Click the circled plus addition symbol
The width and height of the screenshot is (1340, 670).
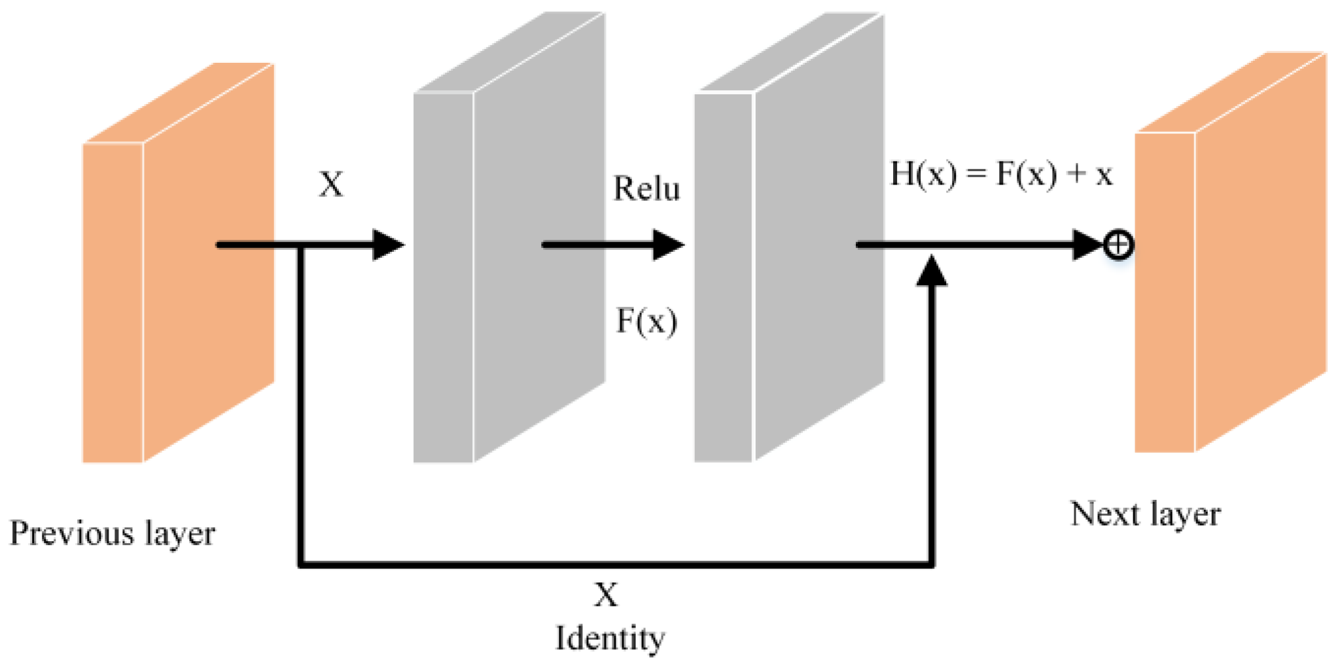click(1118, 245)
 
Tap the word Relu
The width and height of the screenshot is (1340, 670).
click(646, 189)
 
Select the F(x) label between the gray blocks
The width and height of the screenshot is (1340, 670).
click(646, 321)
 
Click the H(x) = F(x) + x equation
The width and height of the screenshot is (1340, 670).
click(1001, 175)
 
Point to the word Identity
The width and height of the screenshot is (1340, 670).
click(610, 639)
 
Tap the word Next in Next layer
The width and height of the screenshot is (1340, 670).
click(1105, 514)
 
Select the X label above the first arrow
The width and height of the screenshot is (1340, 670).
click(331, 184)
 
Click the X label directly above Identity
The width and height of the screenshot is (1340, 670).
click(606, 595)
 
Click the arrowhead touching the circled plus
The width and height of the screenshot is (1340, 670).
click(1087, 245)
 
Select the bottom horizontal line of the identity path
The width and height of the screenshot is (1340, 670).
click(615, 563)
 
